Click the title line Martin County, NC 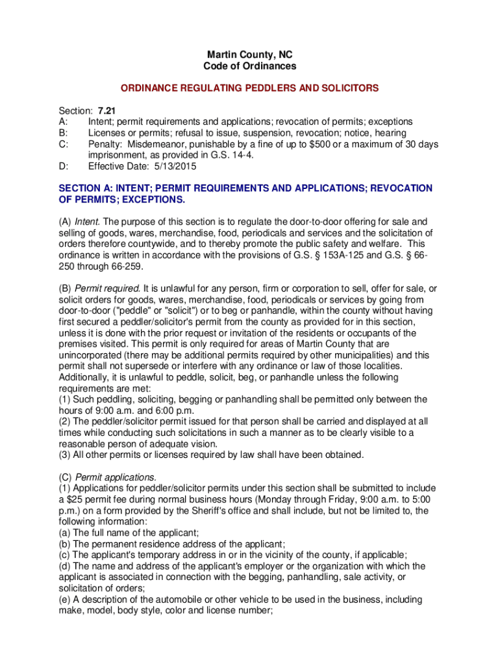[250, 55]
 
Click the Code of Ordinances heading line [250, 66]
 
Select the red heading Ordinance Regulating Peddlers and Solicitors [249, 88]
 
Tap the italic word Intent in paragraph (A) [87, 221]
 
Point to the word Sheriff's [240, 510]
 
